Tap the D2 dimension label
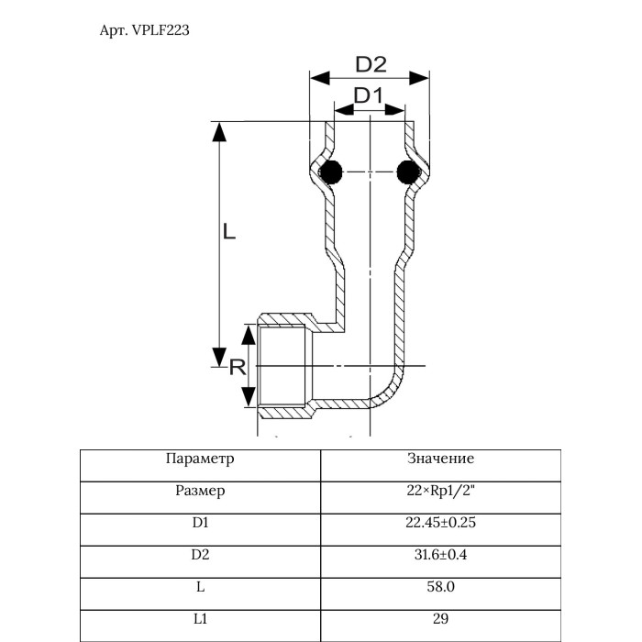(371, 64)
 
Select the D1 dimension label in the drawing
(369, 94)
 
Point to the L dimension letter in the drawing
(229, 233)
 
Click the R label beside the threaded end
(236, 368)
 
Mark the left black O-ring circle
(330, 171)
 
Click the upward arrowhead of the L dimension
(219, 132)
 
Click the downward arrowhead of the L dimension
(219, 355)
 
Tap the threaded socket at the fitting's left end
(284, 366)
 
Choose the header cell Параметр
(200, 458)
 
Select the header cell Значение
(440, 458)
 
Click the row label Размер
(200, 491)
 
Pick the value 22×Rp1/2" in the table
(440, 491)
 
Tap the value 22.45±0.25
(440, 523)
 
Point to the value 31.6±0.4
(440, 555)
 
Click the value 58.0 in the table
(440, 587)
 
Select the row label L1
(200, 619)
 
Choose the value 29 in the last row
(440, 619)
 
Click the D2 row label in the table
(200, 555)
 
